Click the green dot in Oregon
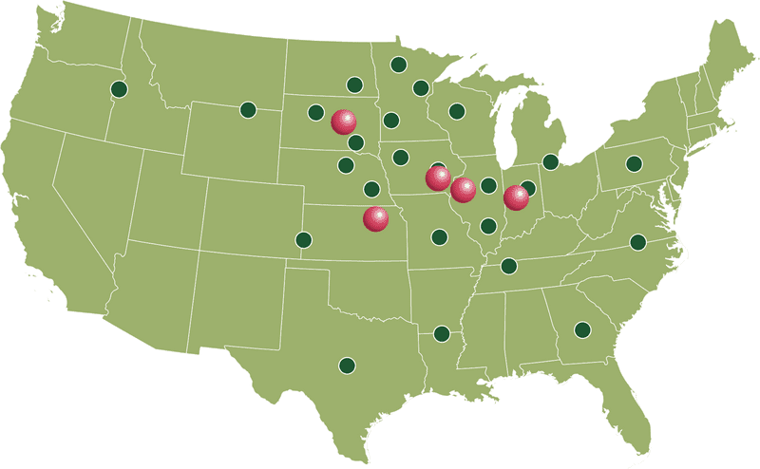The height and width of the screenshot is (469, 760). [x=119, y=89]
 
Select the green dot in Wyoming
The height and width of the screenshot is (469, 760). [x=248, y=110]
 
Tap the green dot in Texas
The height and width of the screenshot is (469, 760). [x=347, y=365]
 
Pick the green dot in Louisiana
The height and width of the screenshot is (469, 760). [x=441, y=333]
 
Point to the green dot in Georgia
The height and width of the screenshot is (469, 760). [x=582, y=329]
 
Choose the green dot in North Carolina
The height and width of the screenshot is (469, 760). [x=638, y=242]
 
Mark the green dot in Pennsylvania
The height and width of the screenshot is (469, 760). [x=634, y=162]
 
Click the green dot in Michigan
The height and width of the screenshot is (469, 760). [x=550, y=161]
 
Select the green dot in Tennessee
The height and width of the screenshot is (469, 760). [x=509, y=266]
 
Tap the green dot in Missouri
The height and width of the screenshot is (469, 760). [x=439, y=236]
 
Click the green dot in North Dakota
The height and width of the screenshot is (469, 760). [x=354, y=84]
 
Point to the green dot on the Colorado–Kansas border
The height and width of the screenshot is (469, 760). [x=303, y=239]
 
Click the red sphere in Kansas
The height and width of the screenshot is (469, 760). [x=376, y=219]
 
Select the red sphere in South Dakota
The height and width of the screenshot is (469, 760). [x=343, y=122]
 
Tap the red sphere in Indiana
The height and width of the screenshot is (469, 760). [x=516, y=197]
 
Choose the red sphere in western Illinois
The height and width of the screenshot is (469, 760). [x=463, y=190]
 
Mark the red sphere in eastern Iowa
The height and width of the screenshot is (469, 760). [x=437, y=178]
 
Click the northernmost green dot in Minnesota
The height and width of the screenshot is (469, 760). [x=399, y=66]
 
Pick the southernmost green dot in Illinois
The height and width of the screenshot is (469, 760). [x=488, y=226]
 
